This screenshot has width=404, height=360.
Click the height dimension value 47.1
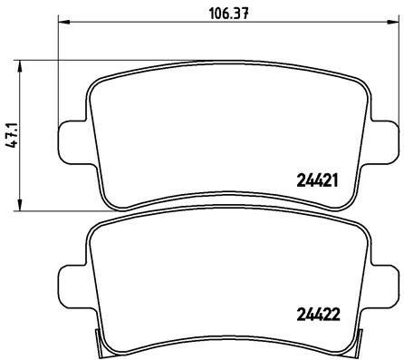click(x=10, y=135)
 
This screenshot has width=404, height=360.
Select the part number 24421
click(x=317, y=180)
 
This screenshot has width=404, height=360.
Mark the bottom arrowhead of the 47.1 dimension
click(x=24, y=208)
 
